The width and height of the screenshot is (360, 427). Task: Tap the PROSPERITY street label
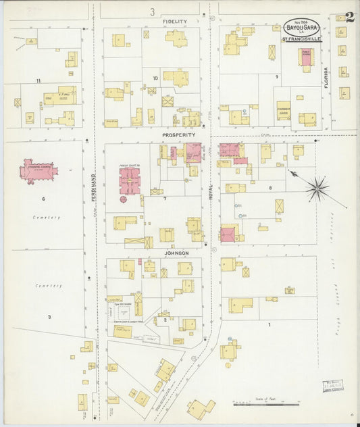tap(178, 134)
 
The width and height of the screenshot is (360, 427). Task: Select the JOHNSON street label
tap(176, 253)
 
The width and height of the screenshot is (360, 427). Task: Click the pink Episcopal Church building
tap(38, 170)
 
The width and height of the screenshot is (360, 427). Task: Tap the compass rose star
tap(317, 189)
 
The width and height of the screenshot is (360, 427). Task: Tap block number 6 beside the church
tap(43, 199)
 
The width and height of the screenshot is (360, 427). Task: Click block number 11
tap(38, 81)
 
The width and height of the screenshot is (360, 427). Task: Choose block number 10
tap(155, 78)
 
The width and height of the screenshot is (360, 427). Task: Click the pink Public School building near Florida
tap(306, 57)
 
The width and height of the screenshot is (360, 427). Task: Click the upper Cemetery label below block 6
tap(47, 218)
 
